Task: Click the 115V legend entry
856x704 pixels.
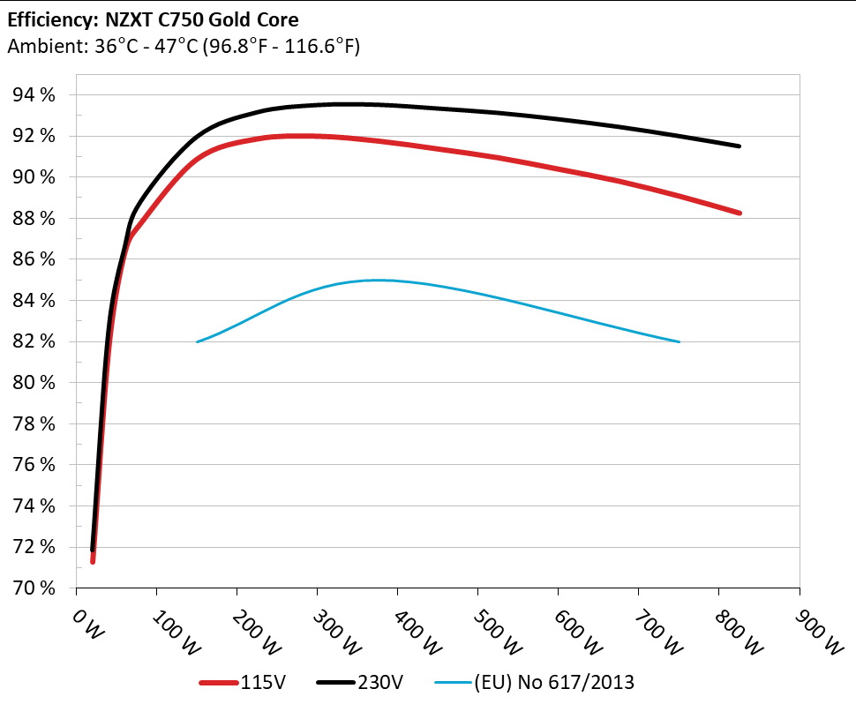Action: (263, 681)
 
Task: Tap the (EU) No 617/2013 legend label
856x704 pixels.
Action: (554, 681)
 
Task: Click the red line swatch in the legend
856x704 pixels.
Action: (218, 682)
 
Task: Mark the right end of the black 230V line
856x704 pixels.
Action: (739, 146)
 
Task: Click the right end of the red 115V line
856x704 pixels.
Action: (739, 213)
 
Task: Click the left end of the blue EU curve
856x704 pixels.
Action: (197, 341)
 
